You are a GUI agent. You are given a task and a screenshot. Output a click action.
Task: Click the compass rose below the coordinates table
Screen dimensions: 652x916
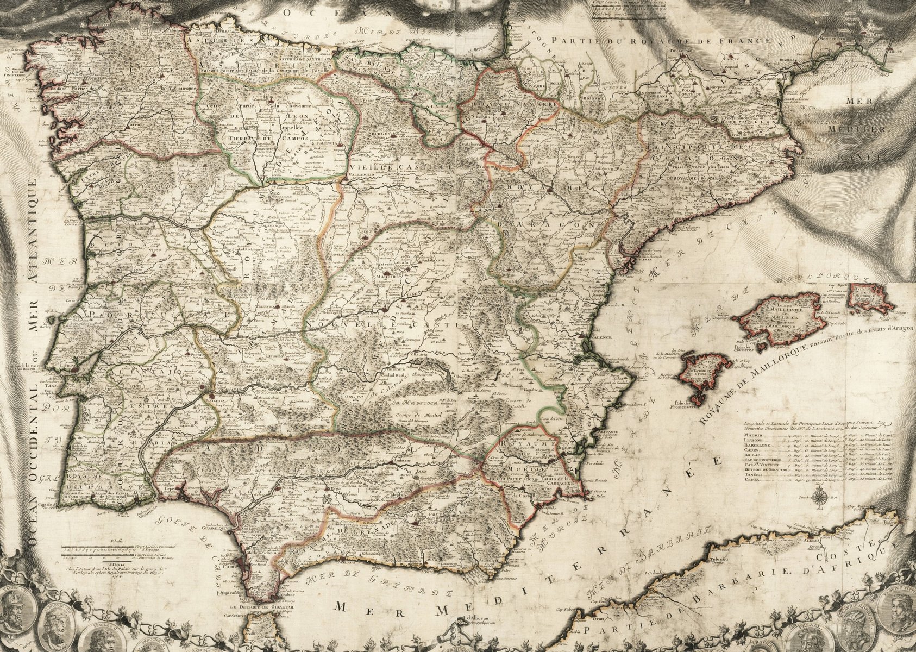tap(821, 495)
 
